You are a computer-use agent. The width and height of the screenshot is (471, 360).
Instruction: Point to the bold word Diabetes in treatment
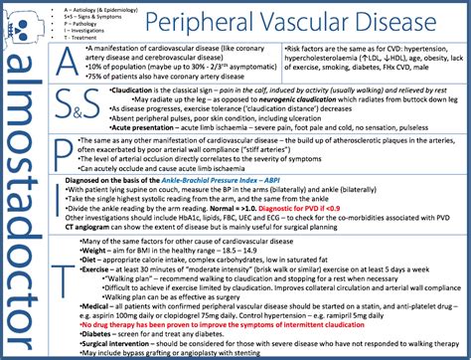103,333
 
